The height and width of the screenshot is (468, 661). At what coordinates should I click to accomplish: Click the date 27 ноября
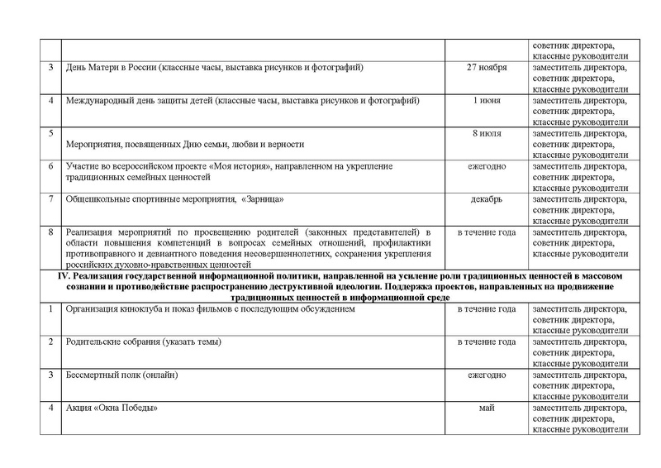(487, 67)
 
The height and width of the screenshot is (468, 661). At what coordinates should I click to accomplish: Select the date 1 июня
(487, 100)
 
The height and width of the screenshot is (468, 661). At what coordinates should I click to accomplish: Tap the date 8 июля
(487, 133)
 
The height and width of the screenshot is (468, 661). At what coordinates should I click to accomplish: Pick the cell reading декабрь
(487, 199)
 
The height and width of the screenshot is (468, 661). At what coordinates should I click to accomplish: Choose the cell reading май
(487, 408)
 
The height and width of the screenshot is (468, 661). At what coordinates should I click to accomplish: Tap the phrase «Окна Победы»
(127, 408)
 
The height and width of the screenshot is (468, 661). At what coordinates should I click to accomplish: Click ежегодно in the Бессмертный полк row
(487, 375)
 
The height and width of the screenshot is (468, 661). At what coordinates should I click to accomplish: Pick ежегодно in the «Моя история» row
(487, 166)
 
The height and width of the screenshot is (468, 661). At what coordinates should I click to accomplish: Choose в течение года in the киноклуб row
(487, 309)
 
